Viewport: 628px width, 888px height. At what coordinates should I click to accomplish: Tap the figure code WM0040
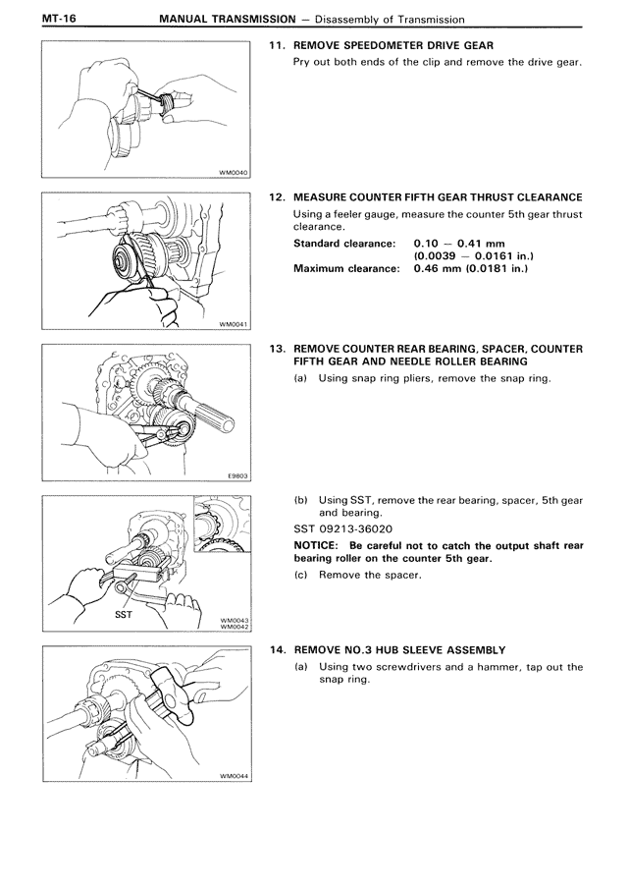[x=234, y=172]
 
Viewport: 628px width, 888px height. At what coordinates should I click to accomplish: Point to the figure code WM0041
[x=234, y=322]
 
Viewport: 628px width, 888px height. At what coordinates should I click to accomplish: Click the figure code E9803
[x=237, y=475]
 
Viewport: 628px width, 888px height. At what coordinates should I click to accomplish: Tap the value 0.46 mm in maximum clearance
[x=437, y=268]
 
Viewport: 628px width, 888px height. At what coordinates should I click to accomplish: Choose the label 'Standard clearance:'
[x=344, y=243]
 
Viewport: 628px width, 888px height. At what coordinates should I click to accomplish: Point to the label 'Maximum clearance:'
[x=346, y=268]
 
